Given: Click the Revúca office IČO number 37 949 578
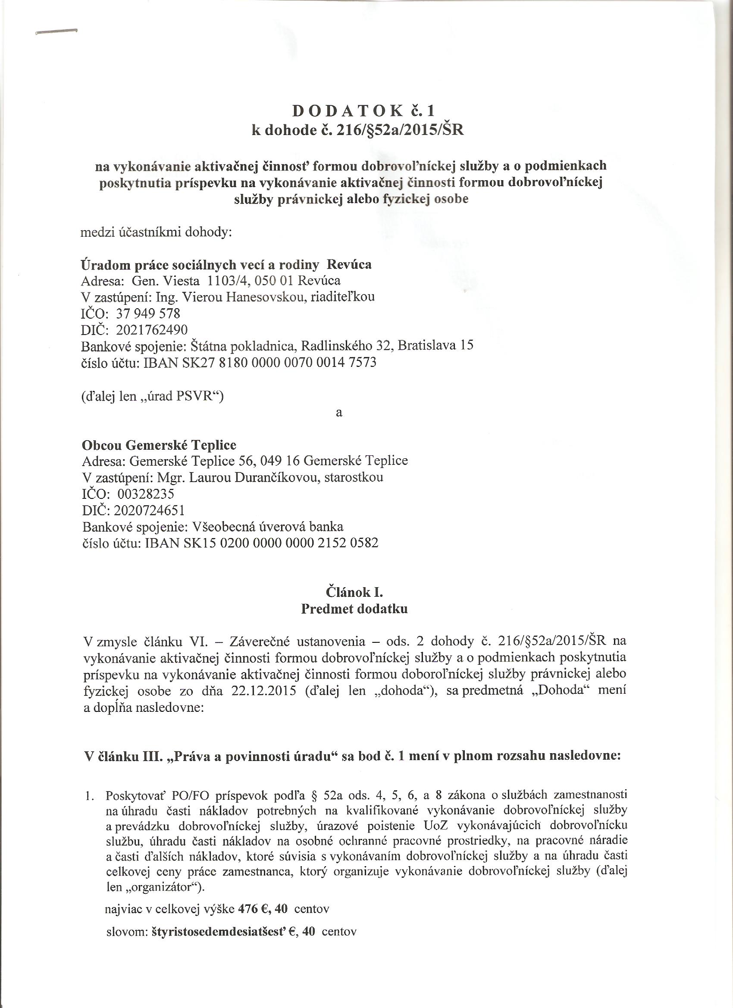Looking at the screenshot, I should click(x=148, y=314).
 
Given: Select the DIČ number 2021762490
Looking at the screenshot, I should click(x=151, y=330).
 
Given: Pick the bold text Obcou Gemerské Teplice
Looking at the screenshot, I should click(x=159, y=445).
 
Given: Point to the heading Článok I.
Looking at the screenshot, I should click(x=354, y=592).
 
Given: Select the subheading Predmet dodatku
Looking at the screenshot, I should click(x=354, y=609).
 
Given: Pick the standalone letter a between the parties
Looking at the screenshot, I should click(x=339, y=413).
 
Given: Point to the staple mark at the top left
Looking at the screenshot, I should click(x=57, y=31).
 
